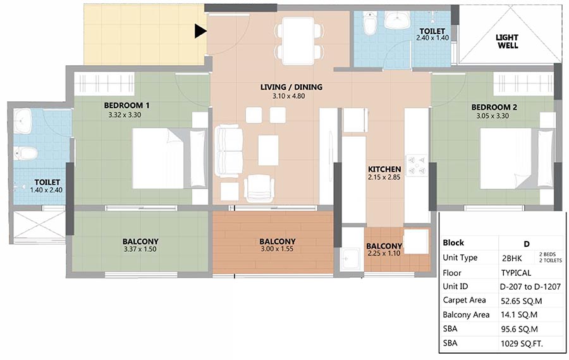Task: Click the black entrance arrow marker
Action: click(x=200, y=31)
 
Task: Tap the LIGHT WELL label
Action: click(x=507, y=41)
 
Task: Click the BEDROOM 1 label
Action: click(x=126, y=106)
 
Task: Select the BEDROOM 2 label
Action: click(x=494, y=107)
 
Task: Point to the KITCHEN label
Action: click(x=384, y=170)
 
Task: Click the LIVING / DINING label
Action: click(x=291, y=87)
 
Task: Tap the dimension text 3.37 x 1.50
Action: click(x=140, y=249)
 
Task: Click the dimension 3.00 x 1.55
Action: click(x=277, y=249)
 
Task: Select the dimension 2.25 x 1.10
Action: click(x=384, y=253)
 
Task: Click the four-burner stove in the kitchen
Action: click(x=417, y=165)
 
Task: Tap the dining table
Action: click(x=298, y=40)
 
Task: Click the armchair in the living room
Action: click(x=259, y=188)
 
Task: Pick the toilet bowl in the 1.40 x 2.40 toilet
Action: click(x=25, y=153)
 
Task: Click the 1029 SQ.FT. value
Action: click(x=522, y=344)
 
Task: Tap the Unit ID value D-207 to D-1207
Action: click(x=530, y=287)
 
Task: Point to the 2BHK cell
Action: click(x=511, y=258)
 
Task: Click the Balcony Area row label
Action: click(x=466, y=315)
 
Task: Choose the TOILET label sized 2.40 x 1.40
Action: click(x=432, y=31)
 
